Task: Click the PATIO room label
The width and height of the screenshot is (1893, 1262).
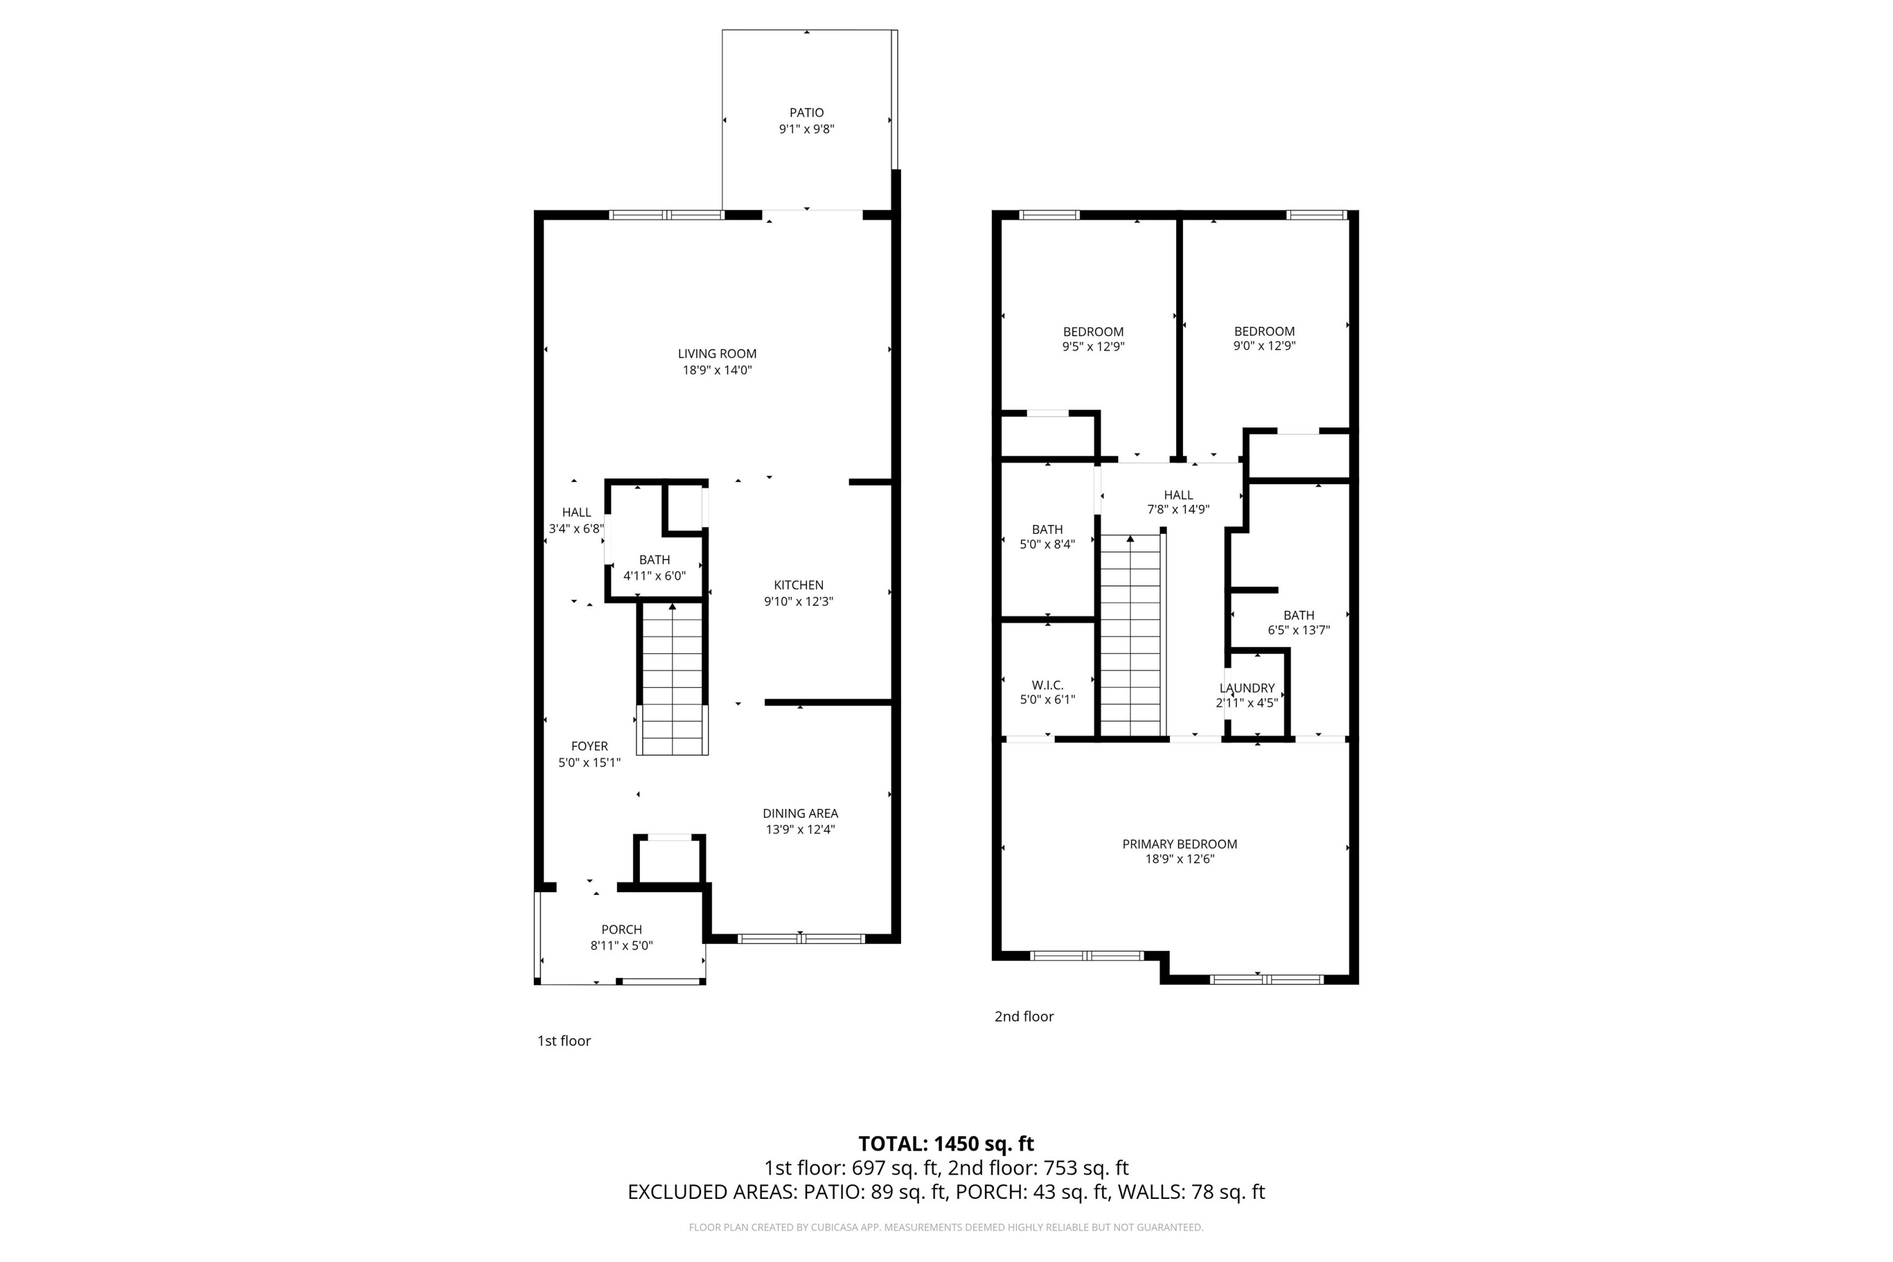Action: (806, 113)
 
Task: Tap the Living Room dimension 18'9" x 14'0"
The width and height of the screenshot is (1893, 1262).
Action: (716, 370)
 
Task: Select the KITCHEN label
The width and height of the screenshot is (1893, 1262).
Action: (798, 585)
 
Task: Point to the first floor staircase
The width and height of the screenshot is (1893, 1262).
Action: (672, 680)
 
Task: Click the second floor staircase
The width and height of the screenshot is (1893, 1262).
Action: (1131, 636)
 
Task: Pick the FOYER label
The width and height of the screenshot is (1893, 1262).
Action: (589, 746)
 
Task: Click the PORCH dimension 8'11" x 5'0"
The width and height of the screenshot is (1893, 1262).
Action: (622, 946)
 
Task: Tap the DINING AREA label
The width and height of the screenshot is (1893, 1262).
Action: (800, 814)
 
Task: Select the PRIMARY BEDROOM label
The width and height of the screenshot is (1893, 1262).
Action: (1179, 844)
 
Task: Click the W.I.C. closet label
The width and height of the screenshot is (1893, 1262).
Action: (1047, 685)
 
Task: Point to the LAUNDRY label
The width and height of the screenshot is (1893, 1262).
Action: (1247, 688)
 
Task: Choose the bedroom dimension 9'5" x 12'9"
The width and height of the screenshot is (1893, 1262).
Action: (1093, 347)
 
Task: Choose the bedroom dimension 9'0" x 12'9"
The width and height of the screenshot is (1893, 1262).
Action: (1265, 346)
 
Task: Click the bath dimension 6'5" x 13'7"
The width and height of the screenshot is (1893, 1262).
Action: (1298, 630)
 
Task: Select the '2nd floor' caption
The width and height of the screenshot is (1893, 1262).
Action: (1023, 1017)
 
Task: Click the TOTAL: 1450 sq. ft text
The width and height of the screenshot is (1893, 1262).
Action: (946, 1143)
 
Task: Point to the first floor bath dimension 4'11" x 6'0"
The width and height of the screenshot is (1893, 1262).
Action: (654, 576)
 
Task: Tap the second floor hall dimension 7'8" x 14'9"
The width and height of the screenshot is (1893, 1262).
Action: (1178, 509)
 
